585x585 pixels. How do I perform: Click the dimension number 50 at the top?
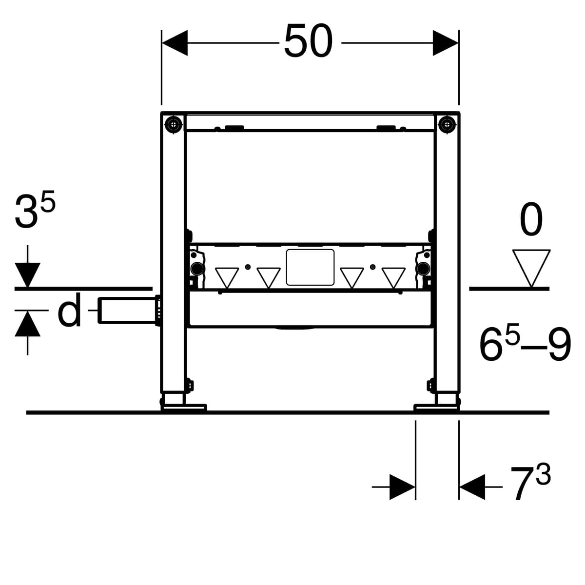click(308, 41)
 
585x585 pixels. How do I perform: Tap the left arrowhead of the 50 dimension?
click(175, 43)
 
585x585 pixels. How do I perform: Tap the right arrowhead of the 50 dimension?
click(446, 43)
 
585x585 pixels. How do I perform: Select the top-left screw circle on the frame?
click(174, 124)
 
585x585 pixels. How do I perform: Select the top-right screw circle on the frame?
click(447, 124)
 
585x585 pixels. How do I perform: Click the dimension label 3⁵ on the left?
click(35, 210)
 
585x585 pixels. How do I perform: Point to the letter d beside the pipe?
click(70, 310)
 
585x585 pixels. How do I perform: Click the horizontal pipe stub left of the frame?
click(128, 311)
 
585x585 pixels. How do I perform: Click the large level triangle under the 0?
click(531, 268)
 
